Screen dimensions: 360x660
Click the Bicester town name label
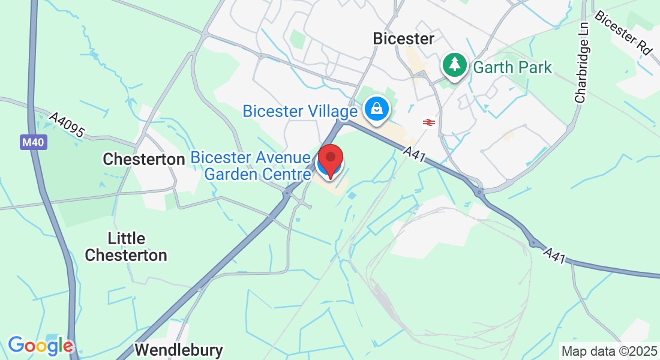click(x=403, y=39)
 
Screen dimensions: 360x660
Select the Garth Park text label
click(x=512, y=67)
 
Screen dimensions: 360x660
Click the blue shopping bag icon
click(x=376, y=110)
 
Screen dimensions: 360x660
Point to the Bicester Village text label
click(x=301, y=111)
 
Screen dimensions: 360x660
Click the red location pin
click(x=330, y=160)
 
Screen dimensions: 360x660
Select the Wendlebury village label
click(x=179, y=350)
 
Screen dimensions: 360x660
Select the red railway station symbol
click(x=428, y=122)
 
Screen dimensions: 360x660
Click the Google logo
click(x=40, y=346)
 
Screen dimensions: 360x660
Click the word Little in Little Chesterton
click(x=126, y=238)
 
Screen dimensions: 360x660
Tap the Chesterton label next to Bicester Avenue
click(x=143, y=159)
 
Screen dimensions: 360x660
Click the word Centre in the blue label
click(x=288, y=174)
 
